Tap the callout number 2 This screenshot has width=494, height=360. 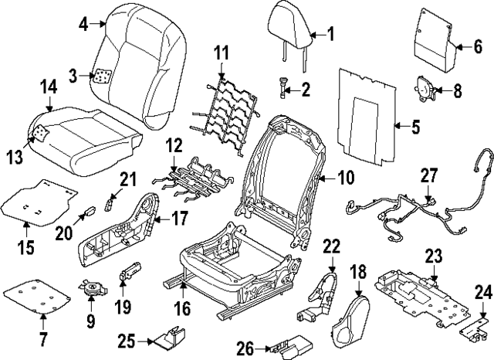click(x=306, y=90)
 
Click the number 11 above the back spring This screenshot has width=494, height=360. click(x=222, y=53)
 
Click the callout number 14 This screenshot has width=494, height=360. click(x=49, y=89)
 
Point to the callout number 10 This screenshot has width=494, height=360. click(x=345, y=177)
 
